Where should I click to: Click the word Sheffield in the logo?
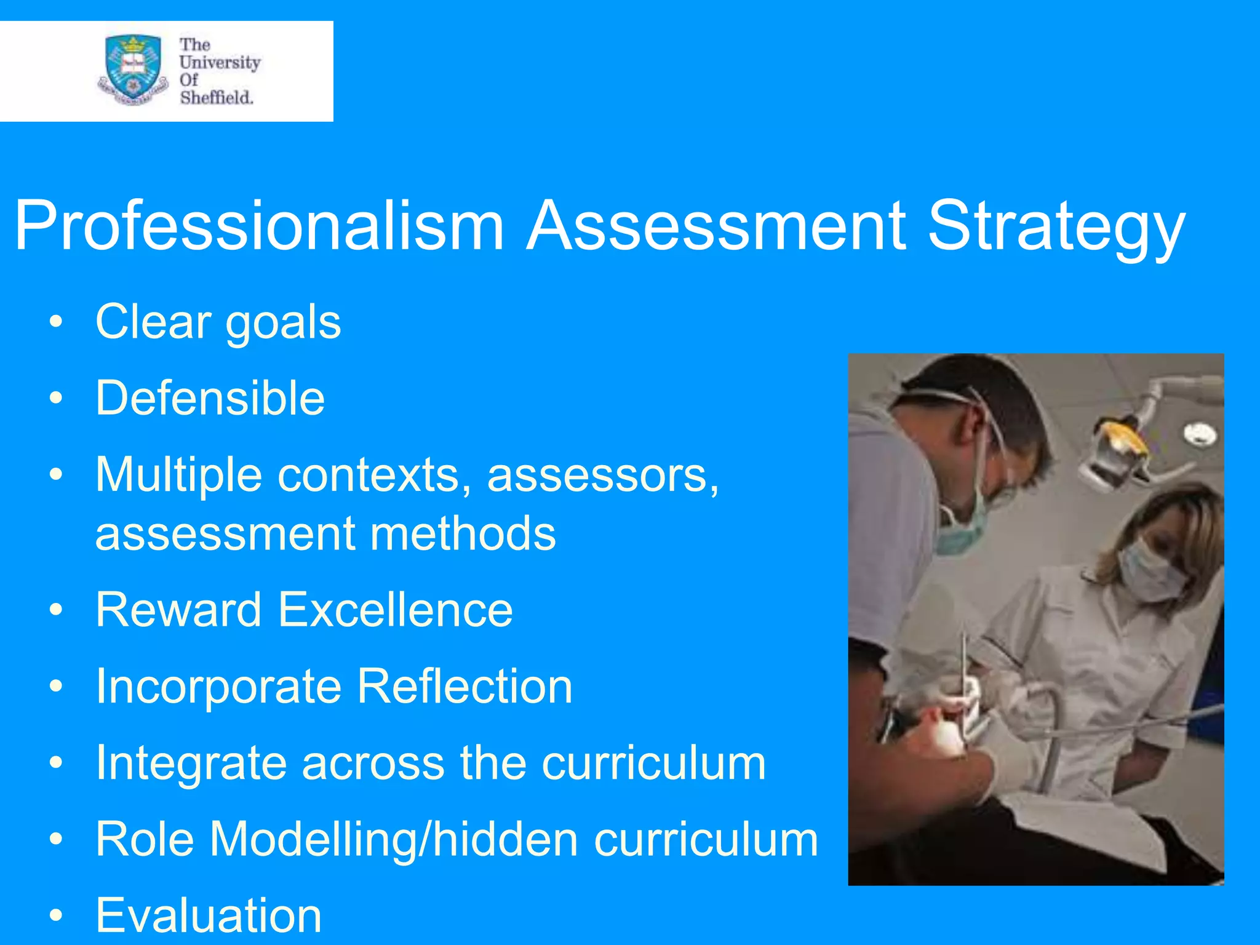click(x=216, y=97)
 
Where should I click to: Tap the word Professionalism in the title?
click(x=259, y=226)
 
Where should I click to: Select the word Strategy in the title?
click(x=1056, y=228)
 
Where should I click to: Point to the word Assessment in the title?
click(x=716, y=226)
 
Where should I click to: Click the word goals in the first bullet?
click(x=283, y=324)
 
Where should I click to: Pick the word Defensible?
click(x=210, y=398)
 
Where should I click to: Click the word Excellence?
click(x=395, y=610)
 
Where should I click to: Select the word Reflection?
click(x=465, y=686)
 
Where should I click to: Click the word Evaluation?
click(x=209, y=915)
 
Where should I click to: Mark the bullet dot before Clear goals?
click(x=57, y=322)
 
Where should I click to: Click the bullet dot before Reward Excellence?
click(x=57, y=610)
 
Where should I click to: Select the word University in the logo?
click(x=220, y=62)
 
